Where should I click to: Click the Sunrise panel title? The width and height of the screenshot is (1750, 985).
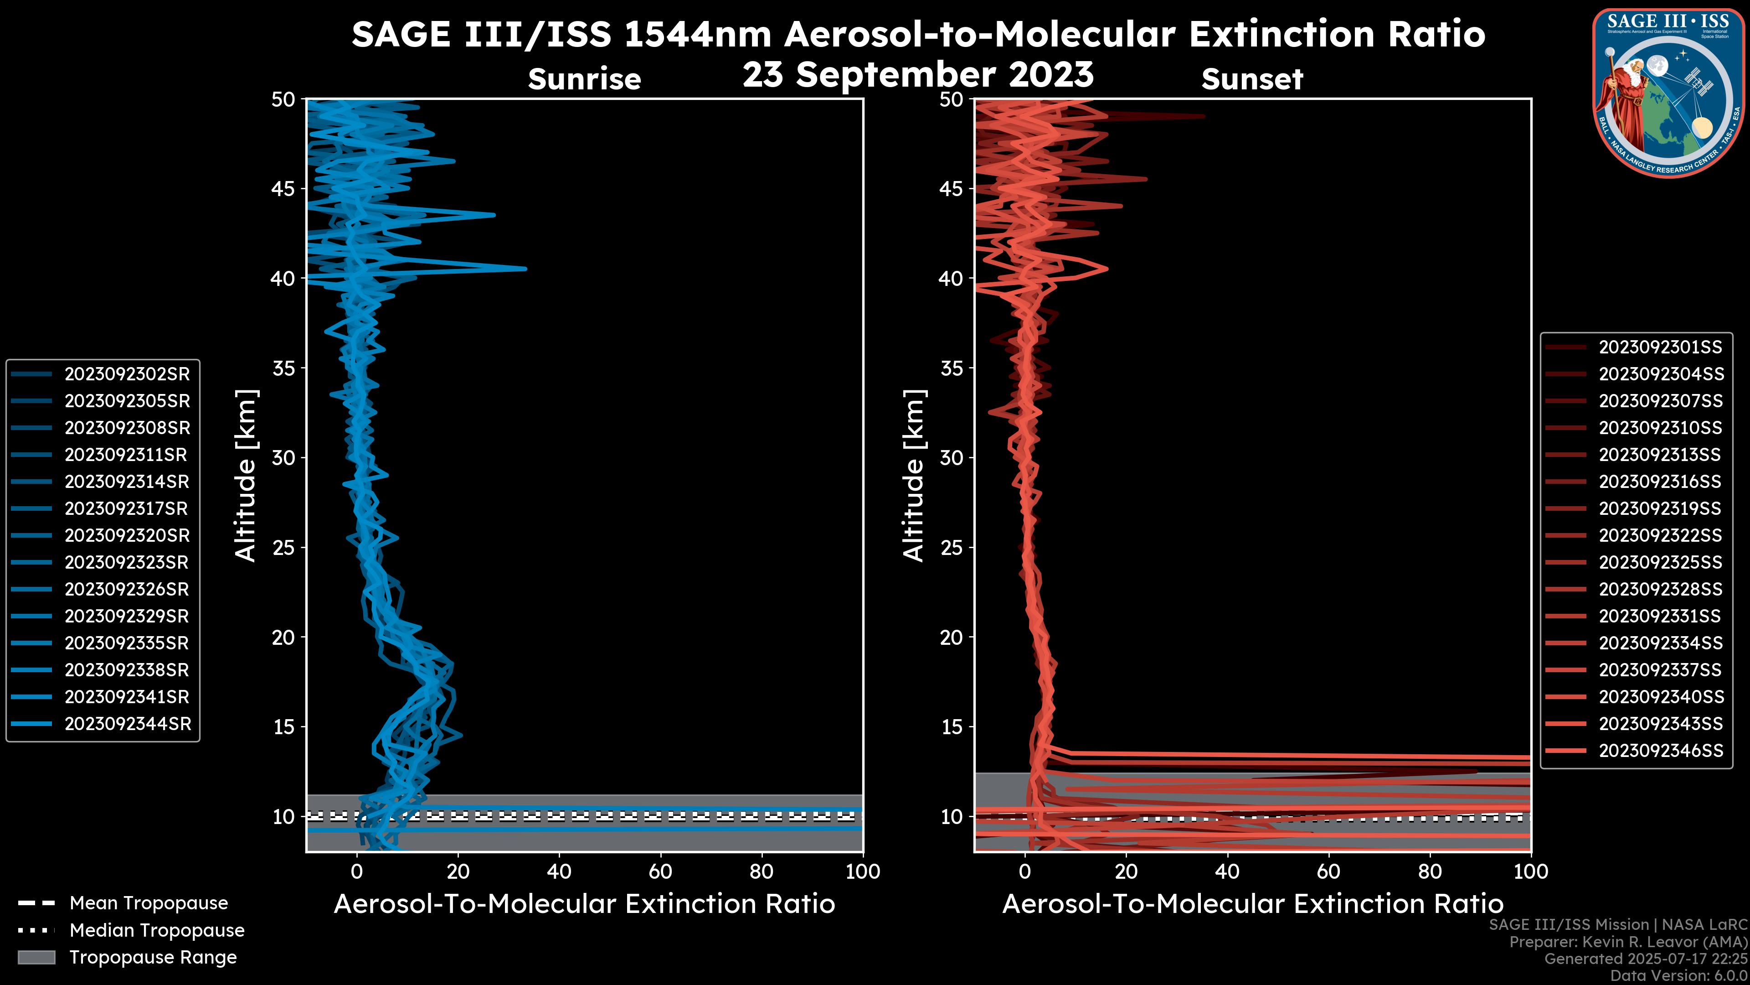(584, 79)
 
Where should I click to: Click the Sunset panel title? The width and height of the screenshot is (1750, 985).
(1252, 79)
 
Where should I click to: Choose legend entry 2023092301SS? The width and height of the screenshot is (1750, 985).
(1660, 347)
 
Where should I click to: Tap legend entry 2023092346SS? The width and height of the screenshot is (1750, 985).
(1660, 751)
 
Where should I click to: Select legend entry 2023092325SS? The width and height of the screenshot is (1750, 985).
(1660, 562)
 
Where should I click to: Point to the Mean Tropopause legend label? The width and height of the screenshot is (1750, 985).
(149, 903)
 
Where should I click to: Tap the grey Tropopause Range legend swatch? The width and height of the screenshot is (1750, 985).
(36, 957)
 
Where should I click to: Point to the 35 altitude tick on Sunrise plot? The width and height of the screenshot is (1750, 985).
(283, 368)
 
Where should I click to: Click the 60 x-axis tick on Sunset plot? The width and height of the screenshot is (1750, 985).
(1328, 871)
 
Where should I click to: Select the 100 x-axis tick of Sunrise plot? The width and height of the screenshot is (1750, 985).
(862, 871)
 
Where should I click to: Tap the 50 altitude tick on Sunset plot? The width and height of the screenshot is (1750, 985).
(951, 100)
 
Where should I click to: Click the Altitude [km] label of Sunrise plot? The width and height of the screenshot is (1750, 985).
(246, 475)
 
